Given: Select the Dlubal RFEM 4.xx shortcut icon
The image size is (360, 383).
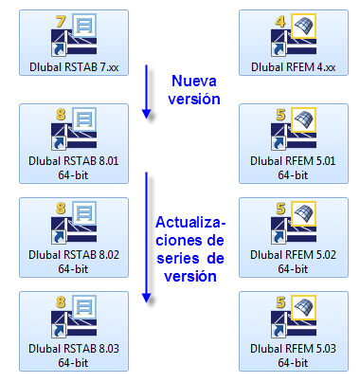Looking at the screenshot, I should (293, 35).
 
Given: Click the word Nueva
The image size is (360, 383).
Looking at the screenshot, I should (193, 81).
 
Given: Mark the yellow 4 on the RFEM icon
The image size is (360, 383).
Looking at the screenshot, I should (279, 20).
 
